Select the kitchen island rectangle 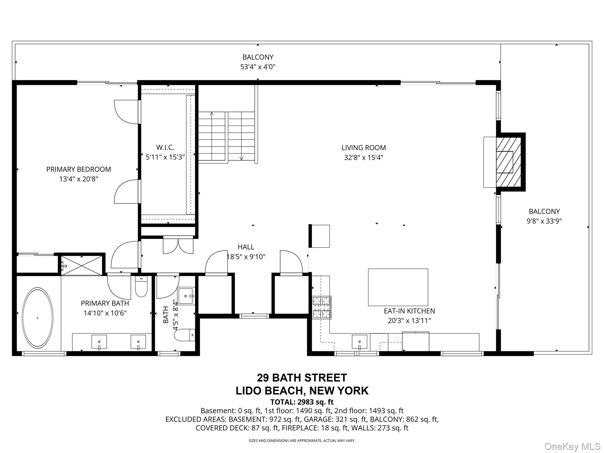(x=398, y=287)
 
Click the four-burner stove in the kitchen (x=322, y=307)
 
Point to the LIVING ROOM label (x=364, y=148)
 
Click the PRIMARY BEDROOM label (x=78, y=169)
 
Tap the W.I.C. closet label (x=165, y=147)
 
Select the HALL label (x=246, y=247)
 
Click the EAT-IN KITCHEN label (x=409, y=311)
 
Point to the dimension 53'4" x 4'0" (x=258, y=67)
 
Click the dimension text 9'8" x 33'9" (x=544, y=221)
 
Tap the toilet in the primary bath (x=141, y=286)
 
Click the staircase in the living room (x=226, y=136)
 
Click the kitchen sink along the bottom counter (x=360, y=342)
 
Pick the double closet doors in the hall (x=178, y=245)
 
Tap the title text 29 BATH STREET (x=302, y=378)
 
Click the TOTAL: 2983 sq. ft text (x=302, y=402)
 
